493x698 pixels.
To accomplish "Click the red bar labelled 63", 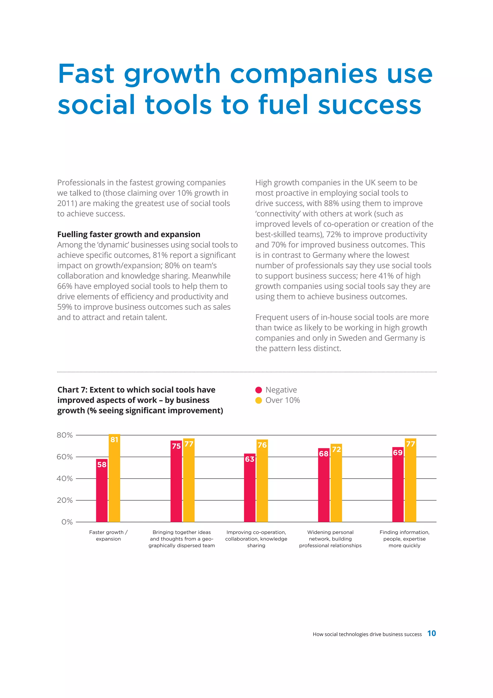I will (250, 488).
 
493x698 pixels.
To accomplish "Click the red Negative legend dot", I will (259, 390).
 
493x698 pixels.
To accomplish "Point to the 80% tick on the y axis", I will (65, 435).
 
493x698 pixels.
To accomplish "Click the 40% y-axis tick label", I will (65, 479).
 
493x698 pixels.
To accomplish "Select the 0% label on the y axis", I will (67, 522).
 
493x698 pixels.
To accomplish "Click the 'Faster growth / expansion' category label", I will (108, 535).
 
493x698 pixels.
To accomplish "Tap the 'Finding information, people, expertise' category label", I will (404, 539).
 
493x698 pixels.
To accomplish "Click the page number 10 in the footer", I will (431, 633).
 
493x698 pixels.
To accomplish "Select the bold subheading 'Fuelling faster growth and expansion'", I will (129, 234).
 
